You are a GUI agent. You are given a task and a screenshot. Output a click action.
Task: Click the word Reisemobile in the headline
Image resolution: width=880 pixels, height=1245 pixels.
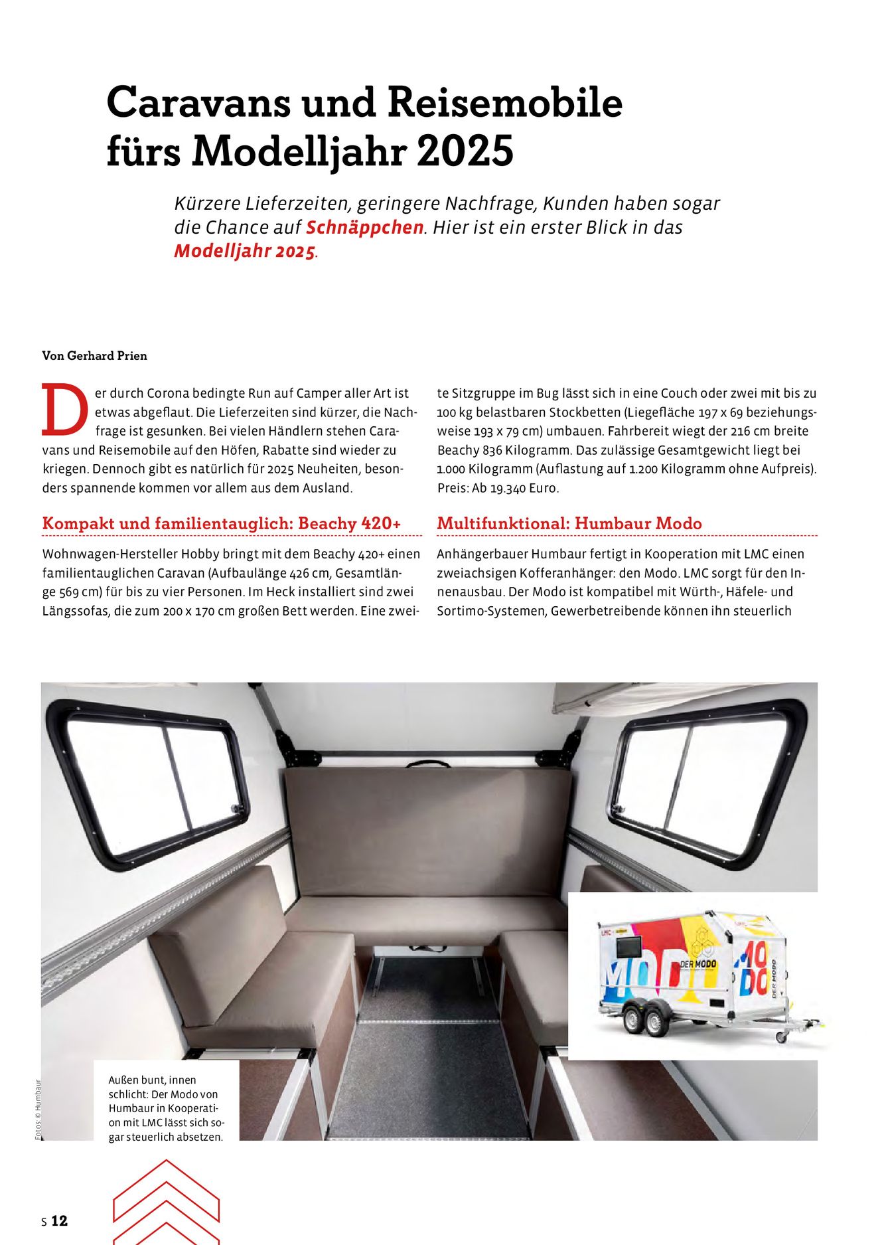(x=504, y=103)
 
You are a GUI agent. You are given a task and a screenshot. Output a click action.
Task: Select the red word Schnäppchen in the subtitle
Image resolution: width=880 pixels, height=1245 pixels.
(x=364, y=227)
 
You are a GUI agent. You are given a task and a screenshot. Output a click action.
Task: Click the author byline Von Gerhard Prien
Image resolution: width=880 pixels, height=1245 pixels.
(x=94, y=356)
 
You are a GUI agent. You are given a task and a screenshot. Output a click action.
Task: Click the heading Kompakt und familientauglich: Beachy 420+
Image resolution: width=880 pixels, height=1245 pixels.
(x=222, y=523)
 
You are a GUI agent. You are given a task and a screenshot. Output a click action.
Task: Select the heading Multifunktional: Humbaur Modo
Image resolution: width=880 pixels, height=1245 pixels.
(x=569, y=523)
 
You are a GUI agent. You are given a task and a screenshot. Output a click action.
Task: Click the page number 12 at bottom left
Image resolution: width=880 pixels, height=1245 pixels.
(x=59, y=1220)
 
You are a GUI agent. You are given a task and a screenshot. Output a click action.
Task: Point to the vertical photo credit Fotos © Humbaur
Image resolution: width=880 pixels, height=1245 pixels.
(x=38, y=1110)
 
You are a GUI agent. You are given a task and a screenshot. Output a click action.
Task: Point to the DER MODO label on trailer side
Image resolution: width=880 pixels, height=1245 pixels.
(x=697, y=963)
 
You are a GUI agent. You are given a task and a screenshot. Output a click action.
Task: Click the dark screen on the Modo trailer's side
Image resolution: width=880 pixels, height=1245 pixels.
(x=628, y=948)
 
